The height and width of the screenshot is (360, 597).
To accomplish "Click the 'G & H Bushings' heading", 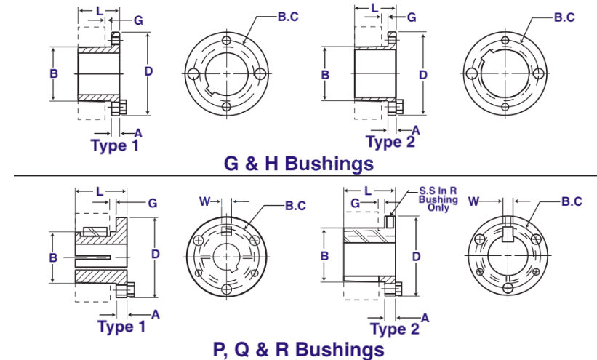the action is pyautogui.click(x=299, y=164).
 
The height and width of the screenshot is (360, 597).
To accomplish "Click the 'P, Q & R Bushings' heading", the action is pyautogui.click(x=298, y=349).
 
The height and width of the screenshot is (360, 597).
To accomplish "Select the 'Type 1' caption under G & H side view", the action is pyautogui.click(x=115, y=145).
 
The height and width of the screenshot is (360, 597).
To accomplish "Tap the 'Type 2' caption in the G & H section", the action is pyautogui.click(x=390, y=142).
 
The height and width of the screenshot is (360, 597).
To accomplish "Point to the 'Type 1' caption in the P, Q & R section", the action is pyautogui.click(x=121, y=327).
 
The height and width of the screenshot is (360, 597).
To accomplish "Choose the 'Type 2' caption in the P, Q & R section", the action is pyautogui.click(x=395, y=329).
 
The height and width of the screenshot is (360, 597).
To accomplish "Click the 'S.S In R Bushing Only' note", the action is pyautogui.click(x=438, y=199).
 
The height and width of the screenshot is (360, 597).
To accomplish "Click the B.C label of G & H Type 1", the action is pyautogui.click(x=288, y=17).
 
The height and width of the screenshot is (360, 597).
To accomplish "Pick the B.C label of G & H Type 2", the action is pyautogui.click(x=564, y=17).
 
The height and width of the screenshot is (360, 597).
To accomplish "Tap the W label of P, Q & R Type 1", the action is pyautogui.click(x=205, y=201).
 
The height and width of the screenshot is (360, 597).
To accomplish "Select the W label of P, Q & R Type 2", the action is pyautogui.click(x=473, y=201).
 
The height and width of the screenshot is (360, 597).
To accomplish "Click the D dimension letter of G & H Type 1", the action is pyautogui.click(x=148, y=71).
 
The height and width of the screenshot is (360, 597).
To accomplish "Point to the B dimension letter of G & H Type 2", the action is pyautogui.click(x=325, y=75).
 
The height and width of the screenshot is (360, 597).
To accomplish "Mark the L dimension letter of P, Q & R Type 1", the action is pyautogui.click(x=100, y=191).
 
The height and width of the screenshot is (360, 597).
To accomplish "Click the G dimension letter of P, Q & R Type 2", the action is pyautogui.click(x=356, y=203).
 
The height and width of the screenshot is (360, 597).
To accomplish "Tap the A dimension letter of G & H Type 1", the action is pyautogui.click(x=138, y=133).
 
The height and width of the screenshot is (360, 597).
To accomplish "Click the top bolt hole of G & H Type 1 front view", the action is pyautogui.click(x=227, y=41).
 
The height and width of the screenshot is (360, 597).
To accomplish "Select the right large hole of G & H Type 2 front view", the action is pyautogui.click(x=538, y=73).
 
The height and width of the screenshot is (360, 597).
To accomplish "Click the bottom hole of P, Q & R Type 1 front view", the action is pyautogui.click(x=227, y=289).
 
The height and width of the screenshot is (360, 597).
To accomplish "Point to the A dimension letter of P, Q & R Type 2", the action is pyautogui.click(x=425, y=318).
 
